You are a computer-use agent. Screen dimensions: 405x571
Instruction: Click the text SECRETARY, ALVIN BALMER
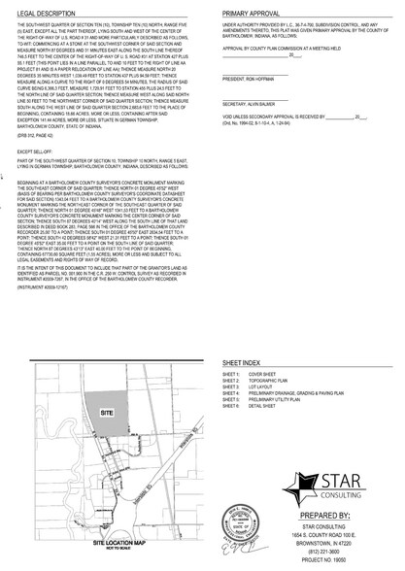(246, 127)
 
